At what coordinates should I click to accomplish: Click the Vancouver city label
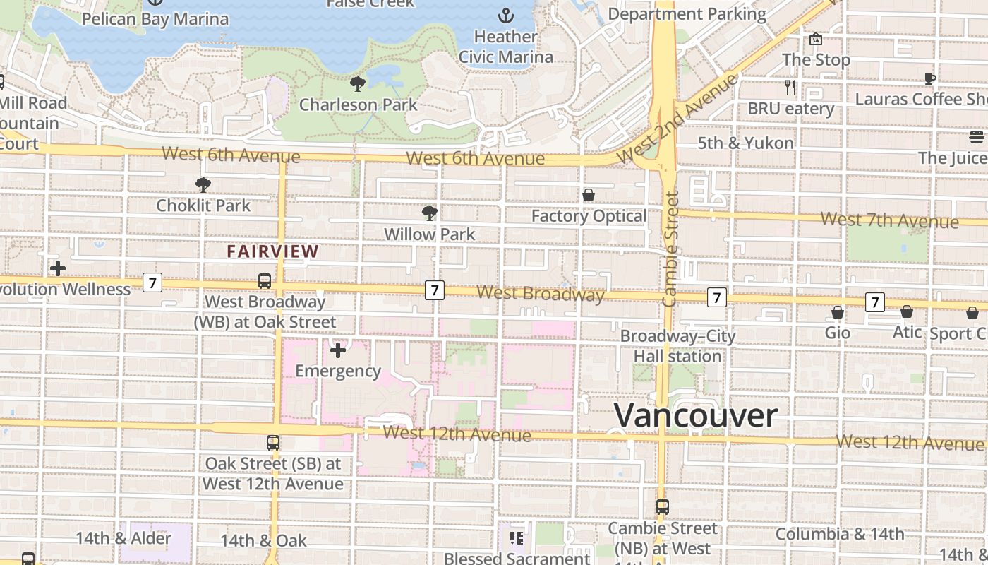[x=696, y=415]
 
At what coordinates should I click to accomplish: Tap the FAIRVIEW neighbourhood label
[x=273, y=251]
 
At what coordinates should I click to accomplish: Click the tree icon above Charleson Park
[x=358, y=84]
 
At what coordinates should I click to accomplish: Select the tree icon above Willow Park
[x=429, y=213]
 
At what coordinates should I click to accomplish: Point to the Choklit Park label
[x=203, y=206]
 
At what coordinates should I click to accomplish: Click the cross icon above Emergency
[x=338, y=350]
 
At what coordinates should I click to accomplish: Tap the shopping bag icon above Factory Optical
[x=589, y=195]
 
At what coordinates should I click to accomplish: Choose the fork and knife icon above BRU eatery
[x=790, y=88]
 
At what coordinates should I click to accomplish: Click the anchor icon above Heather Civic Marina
[x=505, y=15]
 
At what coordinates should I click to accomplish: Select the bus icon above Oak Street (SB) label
[x=273, y=443]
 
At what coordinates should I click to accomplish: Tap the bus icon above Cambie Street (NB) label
[x=662, y=506]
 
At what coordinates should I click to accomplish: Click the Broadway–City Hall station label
[x=677, y=346]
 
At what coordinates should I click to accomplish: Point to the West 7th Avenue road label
[x=889, y=220]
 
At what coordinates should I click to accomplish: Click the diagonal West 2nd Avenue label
[x=677, y=117]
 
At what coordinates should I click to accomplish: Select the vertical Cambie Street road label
[x=671, y=249]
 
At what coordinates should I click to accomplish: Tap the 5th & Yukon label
[x=746, y=143]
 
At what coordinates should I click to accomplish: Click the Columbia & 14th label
[x=840, y=534]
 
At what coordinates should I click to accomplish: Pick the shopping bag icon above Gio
[x=838, y=312]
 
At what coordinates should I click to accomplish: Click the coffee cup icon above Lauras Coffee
[x=930, y=78]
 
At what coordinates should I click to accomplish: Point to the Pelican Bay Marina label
[x=155, y=18]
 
